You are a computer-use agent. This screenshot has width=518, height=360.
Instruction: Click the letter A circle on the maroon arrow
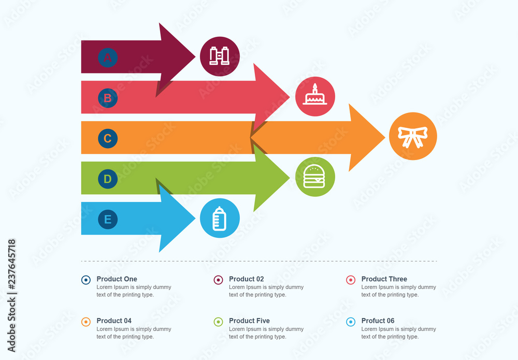pos(108,57)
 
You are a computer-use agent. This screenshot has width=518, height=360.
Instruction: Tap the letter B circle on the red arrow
pos(108,97)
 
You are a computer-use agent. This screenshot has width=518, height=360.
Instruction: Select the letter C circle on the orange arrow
pos(108,138)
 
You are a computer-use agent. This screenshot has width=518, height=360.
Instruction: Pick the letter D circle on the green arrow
pos(108,179)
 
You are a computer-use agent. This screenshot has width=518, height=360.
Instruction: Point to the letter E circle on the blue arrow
pos(108,219)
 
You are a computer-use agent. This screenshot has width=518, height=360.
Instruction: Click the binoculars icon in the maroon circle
pos(220,56)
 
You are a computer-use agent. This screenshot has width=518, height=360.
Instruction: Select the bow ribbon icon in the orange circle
pos(413,136)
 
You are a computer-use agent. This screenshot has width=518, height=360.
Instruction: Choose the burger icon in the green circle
pos(315,177)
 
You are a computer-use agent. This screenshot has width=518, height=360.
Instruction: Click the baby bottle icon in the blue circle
pos(220,218)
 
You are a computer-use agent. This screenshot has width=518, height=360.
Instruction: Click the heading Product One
pos(117,279)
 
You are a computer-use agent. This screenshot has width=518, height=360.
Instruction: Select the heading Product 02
pos(246,279)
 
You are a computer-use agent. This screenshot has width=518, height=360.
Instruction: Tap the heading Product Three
pos(384,279)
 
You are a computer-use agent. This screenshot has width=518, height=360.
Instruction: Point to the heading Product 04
pos(114,321)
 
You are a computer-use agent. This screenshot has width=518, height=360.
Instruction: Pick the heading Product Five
pos(249,321)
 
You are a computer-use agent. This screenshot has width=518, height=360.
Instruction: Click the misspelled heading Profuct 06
pos(378,321)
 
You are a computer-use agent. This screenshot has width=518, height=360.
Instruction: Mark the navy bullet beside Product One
pos(86,280)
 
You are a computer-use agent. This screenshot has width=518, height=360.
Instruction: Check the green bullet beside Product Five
pos(218,322)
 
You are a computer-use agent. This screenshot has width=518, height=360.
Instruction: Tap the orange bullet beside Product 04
pos(86,322)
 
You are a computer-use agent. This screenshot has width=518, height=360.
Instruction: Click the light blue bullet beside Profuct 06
pos(351,322)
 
